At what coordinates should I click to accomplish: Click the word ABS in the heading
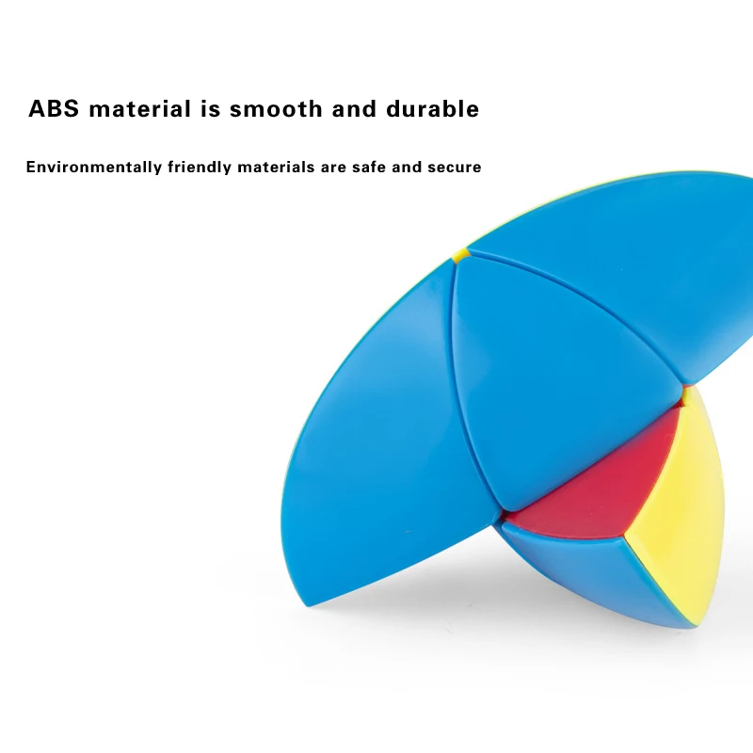[x=54, y=108]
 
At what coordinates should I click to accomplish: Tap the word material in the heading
[x=140, y=108]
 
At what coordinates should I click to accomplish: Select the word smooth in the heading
[x=276, y=108]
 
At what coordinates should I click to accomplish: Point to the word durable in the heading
[x=433, y=108]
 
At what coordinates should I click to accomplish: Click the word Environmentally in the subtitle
[x=94, y=168]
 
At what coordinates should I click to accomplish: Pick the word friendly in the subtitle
[x=200, y=168]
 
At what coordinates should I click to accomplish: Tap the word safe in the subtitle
[x=369, y=168]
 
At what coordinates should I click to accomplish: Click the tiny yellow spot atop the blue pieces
[x=461, y=254]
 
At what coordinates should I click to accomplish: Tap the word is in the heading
[x=210, y=108]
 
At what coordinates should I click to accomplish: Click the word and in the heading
[x=354, y=108]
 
